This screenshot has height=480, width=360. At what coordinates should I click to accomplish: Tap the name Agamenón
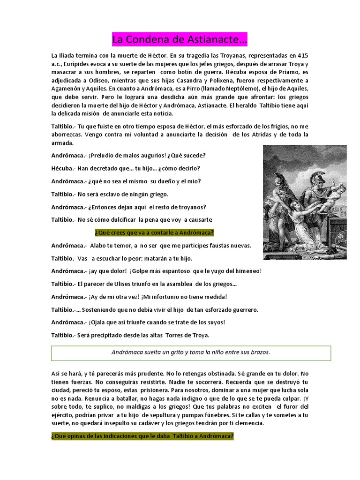(x=67, y=89)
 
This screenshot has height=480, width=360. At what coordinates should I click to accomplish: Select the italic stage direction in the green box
(x=191, y=352)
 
